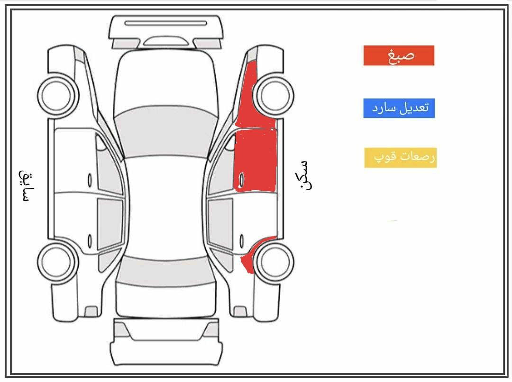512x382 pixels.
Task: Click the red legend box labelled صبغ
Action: [x=399, y=55]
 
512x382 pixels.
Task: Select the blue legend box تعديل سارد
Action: [x=399, y=108]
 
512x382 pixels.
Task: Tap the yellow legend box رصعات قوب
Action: [x=400, y=158]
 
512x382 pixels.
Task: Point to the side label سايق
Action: [x=25, y=186]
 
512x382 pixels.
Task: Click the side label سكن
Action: [x=305, y=175]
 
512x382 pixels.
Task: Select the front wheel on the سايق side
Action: [x=58, y=95]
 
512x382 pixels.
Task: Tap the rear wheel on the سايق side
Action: [x=58, y=261]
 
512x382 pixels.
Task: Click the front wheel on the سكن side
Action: [x=274, y=95]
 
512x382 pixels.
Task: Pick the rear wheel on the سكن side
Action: [x=274, y=262]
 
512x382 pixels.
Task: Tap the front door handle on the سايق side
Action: [x=90, y=180]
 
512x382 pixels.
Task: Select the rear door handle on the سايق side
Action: [x=90, y=241]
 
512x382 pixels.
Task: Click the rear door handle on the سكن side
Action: [x=242, y=241]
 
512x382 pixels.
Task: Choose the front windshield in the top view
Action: [x=166, y=132]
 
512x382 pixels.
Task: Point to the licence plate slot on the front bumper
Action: [x=166, y=23]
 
